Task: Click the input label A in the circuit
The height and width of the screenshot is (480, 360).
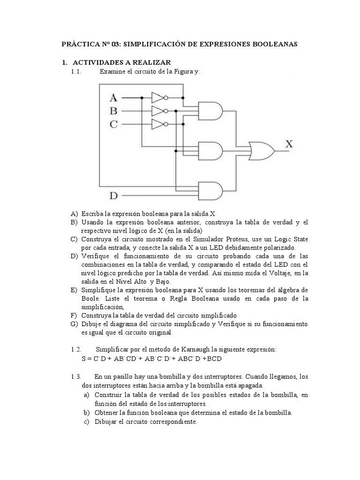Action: (113, 98)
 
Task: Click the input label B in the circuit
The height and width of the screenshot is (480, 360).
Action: (113, 112)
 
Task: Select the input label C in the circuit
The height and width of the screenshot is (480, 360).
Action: (113, 125)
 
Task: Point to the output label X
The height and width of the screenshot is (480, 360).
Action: (289, 144)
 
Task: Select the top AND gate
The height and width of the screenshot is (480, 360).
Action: (211, 110)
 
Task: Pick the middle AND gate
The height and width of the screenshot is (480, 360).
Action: (211, 150)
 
